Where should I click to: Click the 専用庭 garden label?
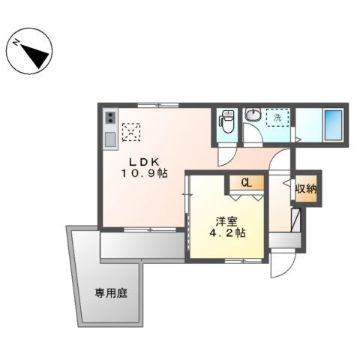pyautogui.click(x=110, y=292)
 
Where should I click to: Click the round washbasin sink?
pyautogui.click(x=253, y=116)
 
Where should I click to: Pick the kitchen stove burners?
pyautogui.click(x=110, y=118)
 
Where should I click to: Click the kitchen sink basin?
pyautogui.click(x=110, y=139)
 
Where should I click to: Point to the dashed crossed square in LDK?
pyautogui.click(x=132, y=132)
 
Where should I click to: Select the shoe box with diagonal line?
pyautogui.click(x=295, y=221)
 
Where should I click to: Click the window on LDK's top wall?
pyautogui.click(x=157, y=106)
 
